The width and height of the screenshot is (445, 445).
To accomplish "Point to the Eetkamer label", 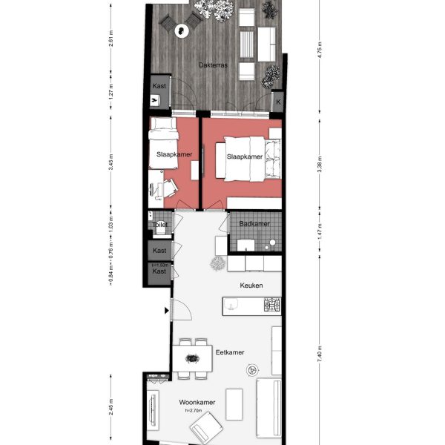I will coord(231,354).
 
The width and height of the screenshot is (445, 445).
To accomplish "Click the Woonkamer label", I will coord(198,403).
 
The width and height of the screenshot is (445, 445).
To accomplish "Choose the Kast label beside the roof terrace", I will coord(159,86).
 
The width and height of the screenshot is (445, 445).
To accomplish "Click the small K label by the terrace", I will coord(279,102).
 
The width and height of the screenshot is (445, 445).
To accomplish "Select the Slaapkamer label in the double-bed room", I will coord(244,157).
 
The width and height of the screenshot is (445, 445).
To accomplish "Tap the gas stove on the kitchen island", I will coord(272,303).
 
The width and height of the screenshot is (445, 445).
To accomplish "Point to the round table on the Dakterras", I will coord(182,30).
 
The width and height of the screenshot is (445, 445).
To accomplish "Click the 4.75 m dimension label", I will coord(320,53).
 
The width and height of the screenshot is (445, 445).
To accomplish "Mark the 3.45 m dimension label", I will coord(111,164).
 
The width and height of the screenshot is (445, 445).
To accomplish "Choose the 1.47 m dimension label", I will coord(320,232).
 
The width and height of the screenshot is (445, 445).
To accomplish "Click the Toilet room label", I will coord(159,225).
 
